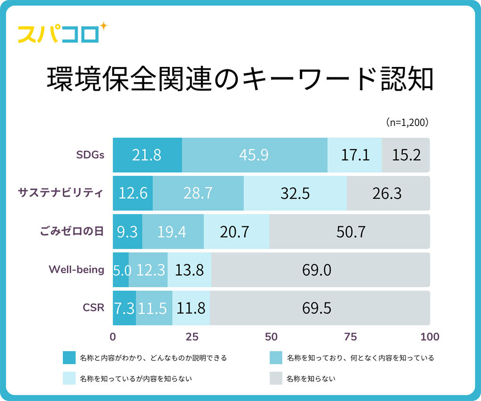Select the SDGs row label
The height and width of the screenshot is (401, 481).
[90, 155]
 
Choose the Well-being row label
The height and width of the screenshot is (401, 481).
[76, 270]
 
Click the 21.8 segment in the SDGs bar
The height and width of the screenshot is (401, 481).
[147, 155]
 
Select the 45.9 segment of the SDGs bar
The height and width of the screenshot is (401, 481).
[255, 155]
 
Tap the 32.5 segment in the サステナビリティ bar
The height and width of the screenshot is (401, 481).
[295, 193]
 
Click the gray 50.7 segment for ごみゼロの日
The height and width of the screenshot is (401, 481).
[349, 232]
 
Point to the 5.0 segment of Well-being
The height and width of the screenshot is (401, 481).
[121, 270]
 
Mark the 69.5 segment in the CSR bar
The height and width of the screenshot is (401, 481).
[320, 308]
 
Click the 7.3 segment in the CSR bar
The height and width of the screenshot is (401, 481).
[124, 308]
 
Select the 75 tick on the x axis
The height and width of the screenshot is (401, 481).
[350, 337]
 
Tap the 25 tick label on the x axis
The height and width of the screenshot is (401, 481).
[192, 337]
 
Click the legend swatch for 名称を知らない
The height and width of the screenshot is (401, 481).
[276, 378]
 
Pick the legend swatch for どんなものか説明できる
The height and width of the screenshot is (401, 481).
[69, 358]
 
